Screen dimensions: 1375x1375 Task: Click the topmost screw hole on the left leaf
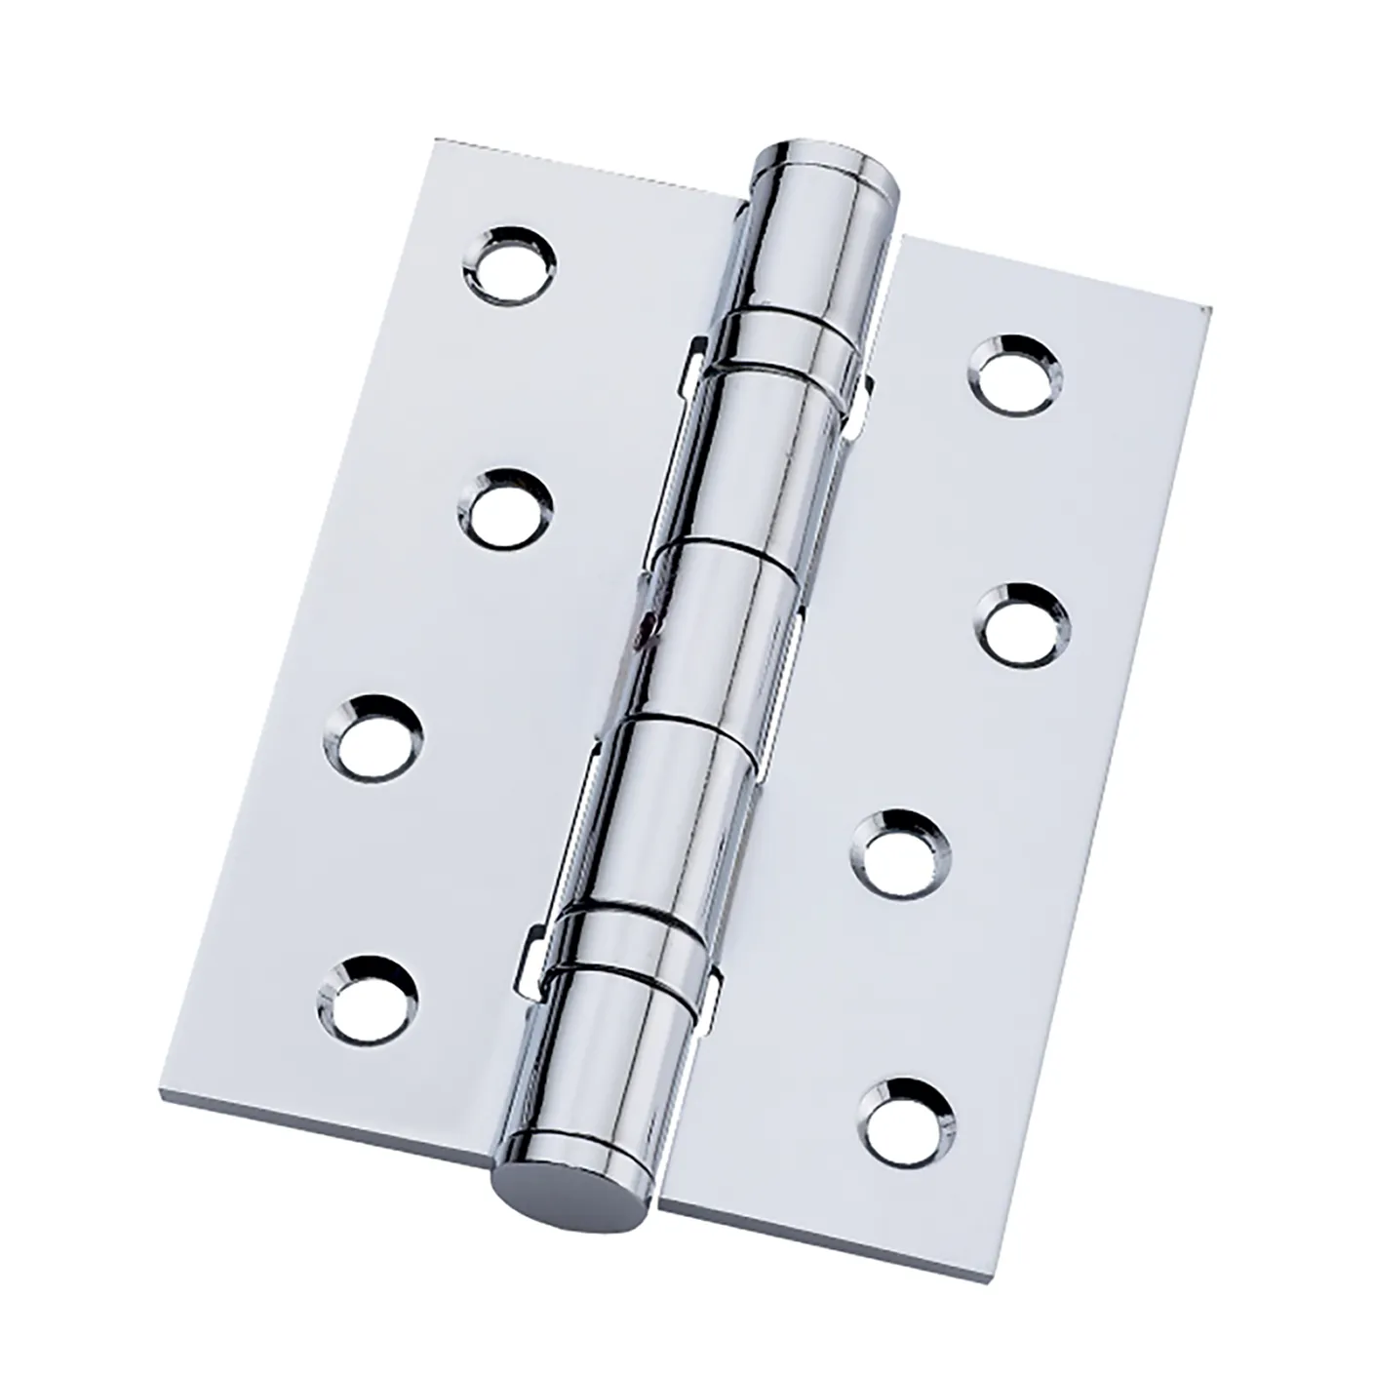509,263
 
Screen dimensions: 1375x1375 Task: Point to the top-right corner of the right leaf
1209,310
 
